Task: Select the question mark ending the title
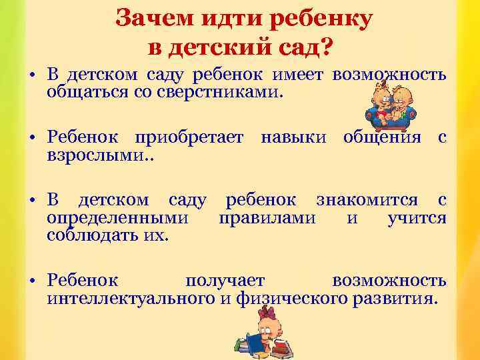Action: (327, 49)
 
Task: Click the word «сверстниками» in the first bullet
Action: (227, 91)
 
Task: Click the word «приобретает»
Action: (190, 137)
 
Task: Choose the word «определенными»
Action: (117, 217)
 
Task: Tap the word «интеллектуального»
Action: (131, 298)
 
